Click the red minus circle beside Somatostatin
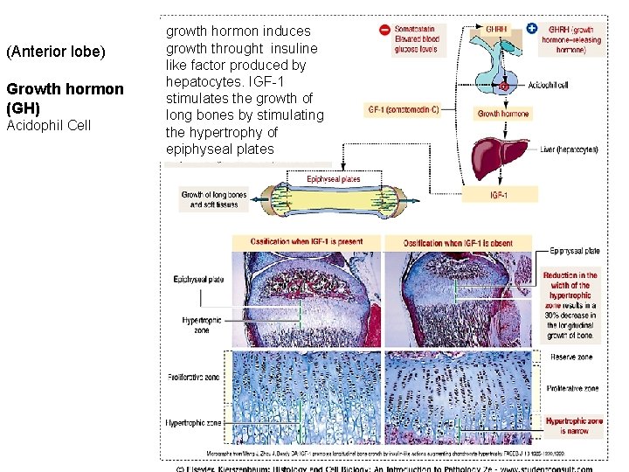coord(384,30)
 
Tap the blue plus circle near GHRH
coord(533,30)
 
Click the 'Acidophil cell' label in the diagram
coord(550,86)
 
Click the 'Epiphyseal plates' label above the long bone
coord(333,180)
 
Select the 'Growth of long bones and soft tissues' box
coord(213,199)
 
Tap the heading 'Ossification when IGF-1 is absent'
coord(458,242)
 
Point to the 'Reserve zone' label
coord(572,357)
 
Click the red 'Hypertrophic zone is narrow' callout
coord(573,426)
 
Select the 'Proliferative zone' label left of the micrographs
coord(194,377)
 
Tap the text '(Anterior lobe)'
coord(55,52)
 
